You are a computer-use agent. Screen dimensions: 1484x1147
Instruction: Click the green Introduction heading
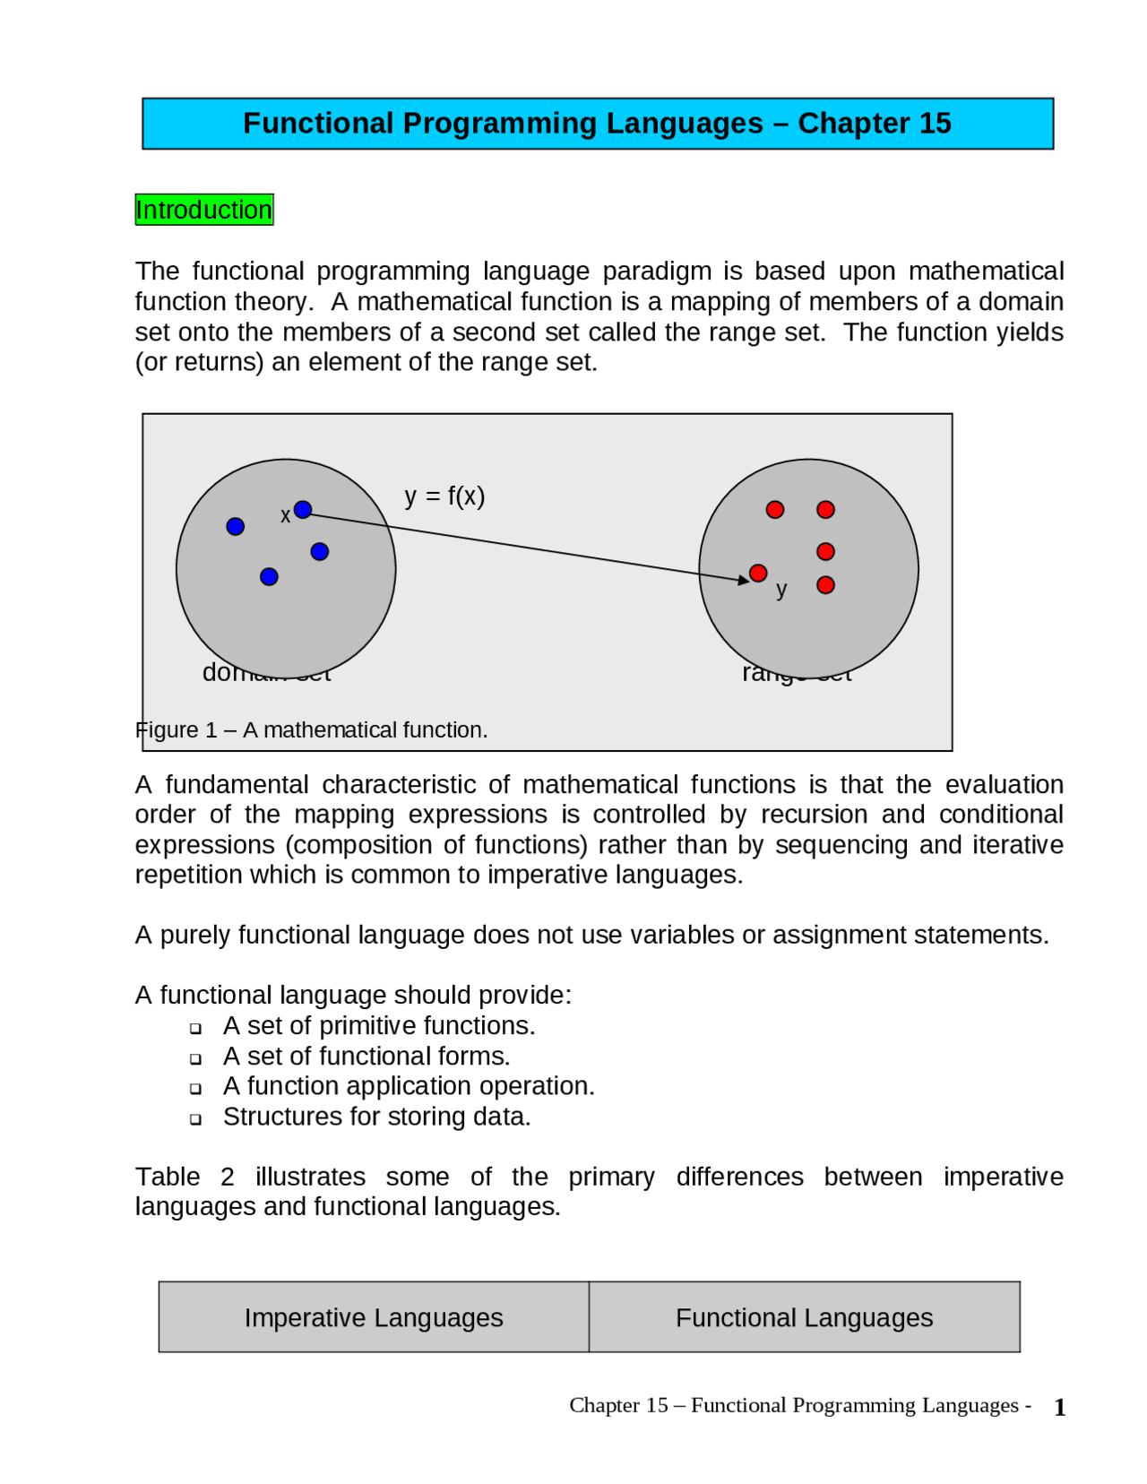pyautogui.click(x=204, y=210)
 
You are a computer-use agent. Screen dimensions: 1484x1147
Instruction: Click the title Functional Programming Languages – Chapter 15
pyautogui.click(x=597, y=124)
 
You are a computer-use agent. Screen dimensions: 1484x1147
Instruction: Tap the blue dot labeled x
pyautogui.click(x=303, y=510)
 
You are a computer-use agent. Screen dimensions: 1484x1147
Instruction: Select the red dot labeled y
pyautogui.click(x=758, y=574)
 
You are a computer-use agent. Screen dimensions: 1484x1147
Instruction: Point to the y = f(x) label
pyautogui.click(x=444, y=496)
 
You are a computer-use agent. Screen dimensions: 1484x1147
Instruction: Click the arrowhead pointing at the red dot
pyautogui.click(x=743, y=581)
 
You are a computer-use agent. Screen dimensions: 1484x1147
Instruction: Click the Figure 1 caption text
pyautogui.click(x=312, y=730)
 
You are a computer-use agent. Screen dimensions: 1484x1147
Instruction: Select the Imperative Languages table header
pyautogui.click(x=374, y=1317)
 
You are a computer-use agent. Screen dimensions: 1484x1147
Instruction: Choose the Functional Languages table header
pyautogui.click(x=804, y=1317)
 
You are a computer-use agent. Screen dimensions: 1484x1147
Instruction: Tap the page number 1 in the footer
pyautogui.click(x=1060, y=1408)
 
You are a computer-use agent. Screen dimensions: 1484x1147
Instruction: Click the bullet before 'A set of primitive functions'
pyautogui.click(x=195, y=1028)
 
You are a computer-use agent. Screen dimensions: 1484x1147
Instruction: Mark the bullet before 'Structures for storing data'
pyautogui.click(x=195, y=1119)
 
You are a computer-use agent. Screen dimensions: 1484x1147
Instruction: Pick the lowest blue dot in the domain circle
pyautogui.click(x=269, y=577)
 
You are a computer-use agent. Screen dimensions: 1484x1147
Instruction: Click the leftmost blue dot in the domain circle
pyautogui.click(x=236, y=527)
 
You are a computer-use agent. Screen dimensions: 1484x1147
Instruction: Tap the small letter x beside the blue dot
pyautogui.click(x=285, y=516)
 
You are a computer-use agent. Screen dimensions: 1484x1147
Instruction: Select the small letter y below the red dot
pyautogui.click(x=781, y=590)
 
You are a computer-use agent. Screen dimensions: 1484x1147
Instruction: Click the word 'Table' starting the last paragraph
pyautogui.click(x=167, y=1177)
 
